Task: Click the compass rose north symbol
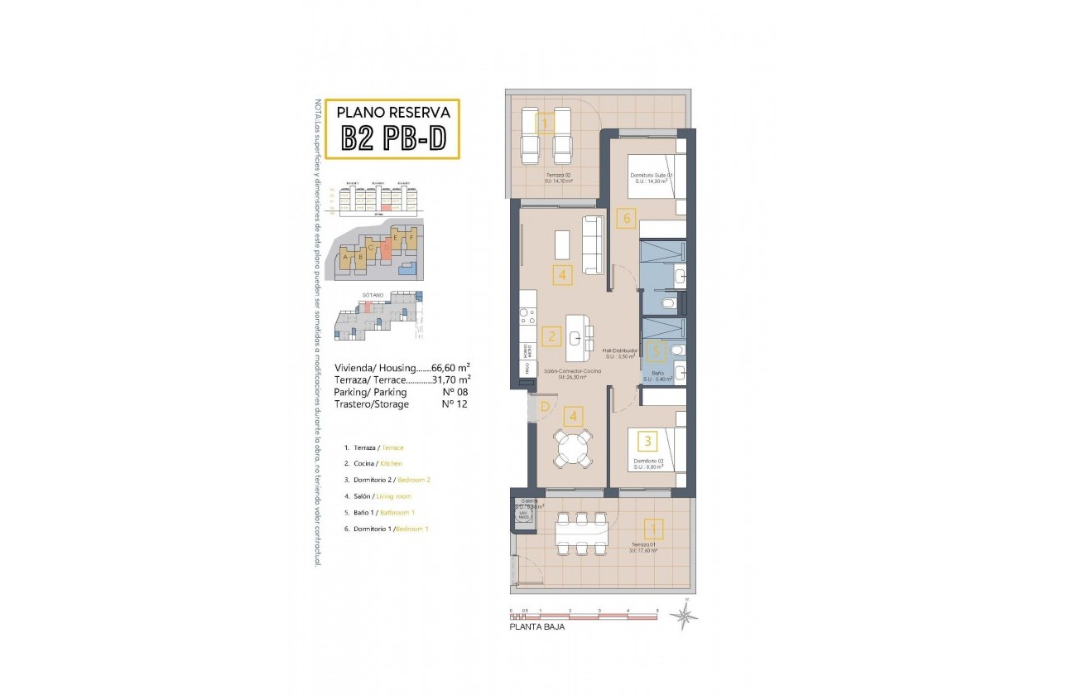[685, 614]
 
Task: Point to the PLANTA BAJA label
[537, 628]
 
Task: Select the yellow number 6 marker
[626, 219]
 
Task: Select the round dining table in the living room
[573, 450]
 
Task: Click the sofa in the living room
[594, 245]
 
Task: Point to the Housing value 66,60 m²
[451, 368]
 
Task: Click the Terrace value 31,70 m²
[454, 379]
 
